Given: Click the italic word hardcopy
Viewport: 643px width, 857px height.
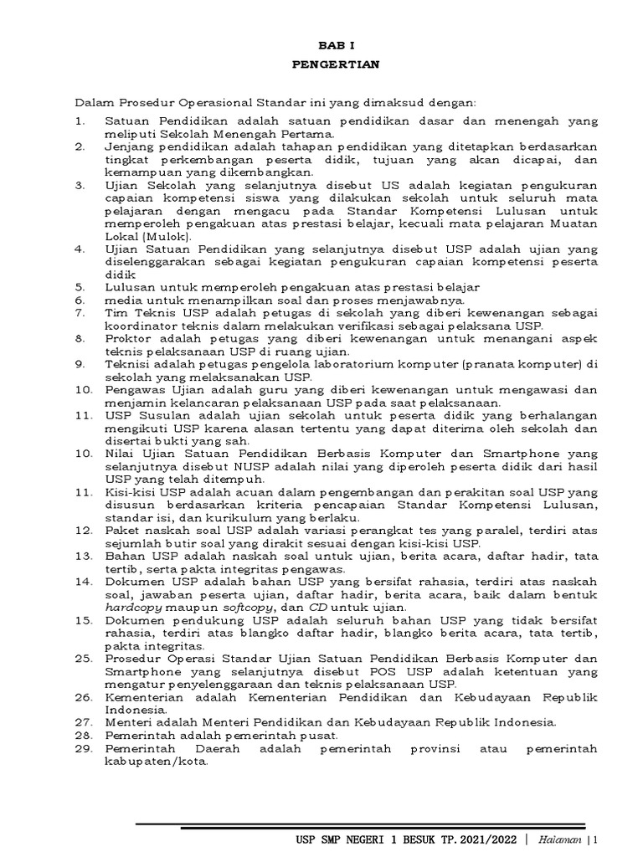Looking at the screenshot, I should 135,607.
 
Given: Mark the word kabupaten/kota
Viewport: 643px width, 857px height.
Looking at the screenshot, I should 156,762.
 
